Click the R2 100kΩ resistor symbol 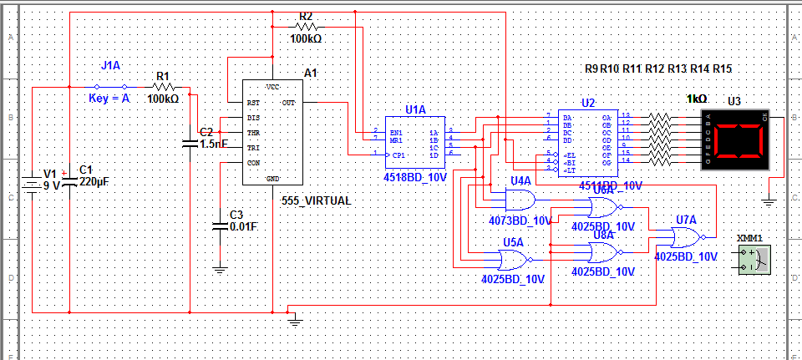pos(306,26)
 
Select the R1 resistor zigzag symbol pos(164,87)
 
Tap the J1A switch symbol pos(111,86)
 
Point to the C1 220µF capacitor pos(69,180)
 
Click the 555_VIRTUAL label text pos(317,201)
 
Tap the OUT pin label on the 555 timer pos(288,103)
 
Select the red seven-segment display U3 pos(736,139)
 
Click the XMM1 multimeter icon pos(754,259)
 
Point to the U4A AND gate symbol pos(520,199)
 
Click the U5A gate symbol pos(511,256)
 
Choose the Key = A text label pos(109,98)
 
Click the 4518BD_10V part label pos(415,178)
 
